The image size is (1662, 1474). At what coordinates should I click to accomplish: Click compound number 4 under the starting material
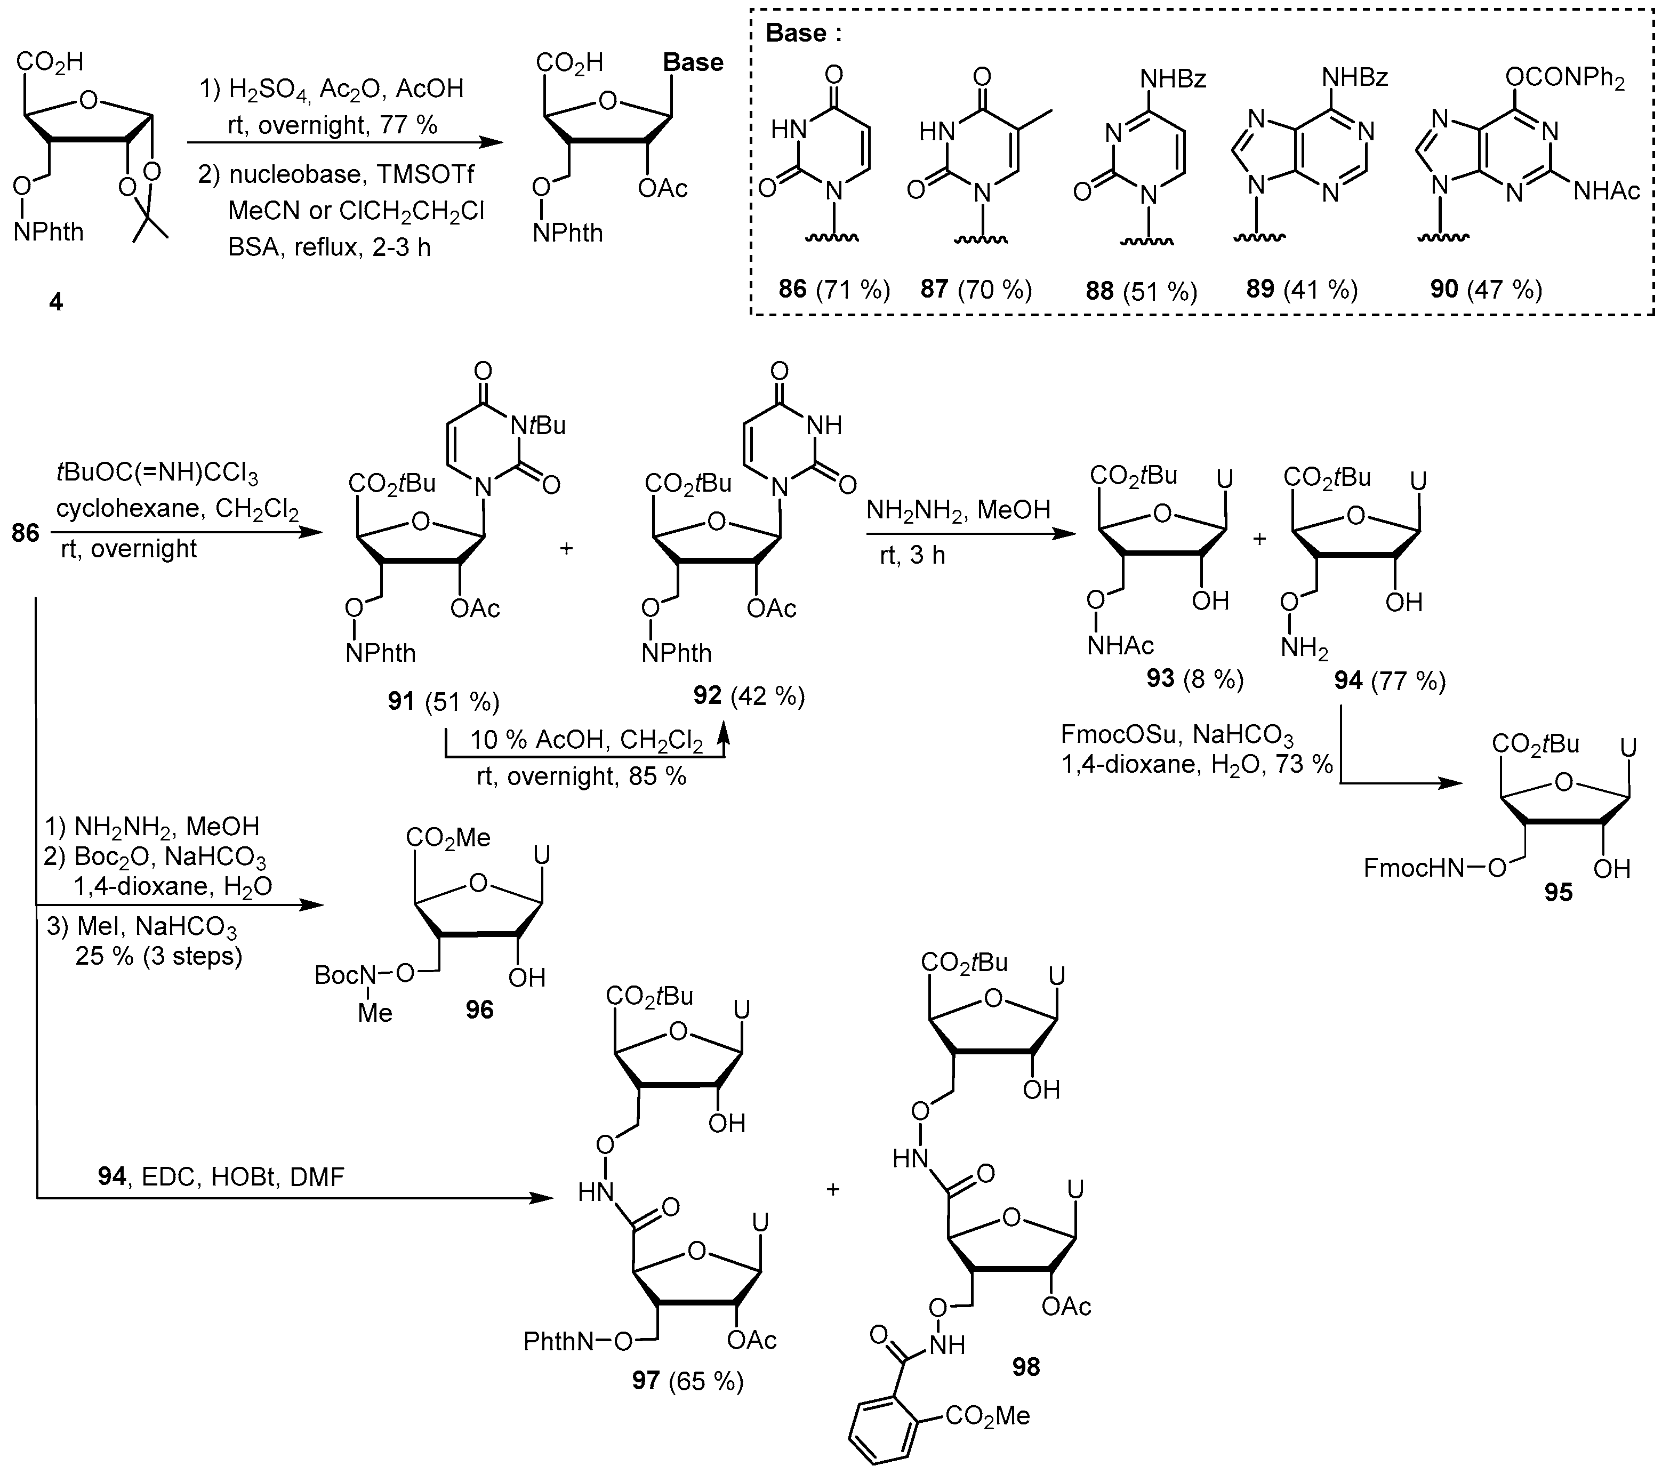click(x=55, y=302)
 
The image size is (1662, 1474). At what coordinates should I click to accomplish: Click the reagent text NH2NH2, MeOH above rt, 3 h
click(x=958, y=510)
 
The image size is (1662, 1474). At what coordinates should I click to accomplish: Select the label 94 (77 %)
click(x=1390, y=680)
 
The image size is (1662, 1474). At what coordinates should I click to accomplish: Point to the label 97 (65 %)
click(x=688, y=1381)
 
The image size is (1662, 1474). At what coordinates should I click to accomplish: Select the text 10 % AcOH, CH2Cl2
click(x=586, y=740)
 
